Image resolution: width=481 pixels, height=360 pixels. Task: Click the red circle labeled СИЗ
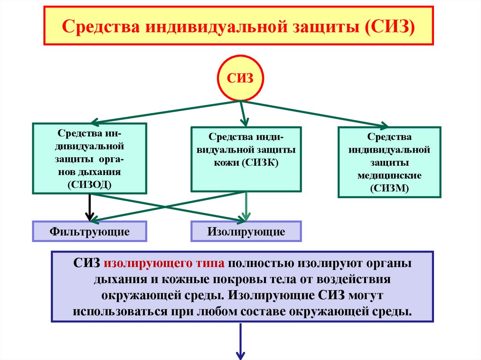pyautogui.click(x=240, y=77)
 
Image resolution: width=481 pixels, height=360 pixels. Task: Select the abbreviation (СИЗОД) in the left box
pyautogui.click(x=89, y=183)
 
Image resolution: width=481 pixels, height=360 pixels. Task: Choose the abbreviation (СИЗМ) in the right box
pyautogui.click(x=389, y=188)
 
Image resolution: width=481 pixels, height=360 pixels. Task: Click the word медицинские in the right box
pyautogui.click(x=389, y=176)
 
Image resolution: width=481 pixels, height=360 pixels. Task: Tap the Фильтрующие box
pyautogui.click(x=89, y=231)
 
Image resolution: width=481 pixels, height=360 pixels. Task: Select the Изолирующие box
pyautogui.click(x=246, y=231)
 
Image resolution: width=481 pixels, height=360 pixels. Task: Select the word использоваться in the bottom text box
pyautogui.click(x=117, y=312)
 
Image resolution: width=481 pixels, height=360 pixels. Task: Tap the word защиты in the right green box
pyautogui.click(x=389, y=163)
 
